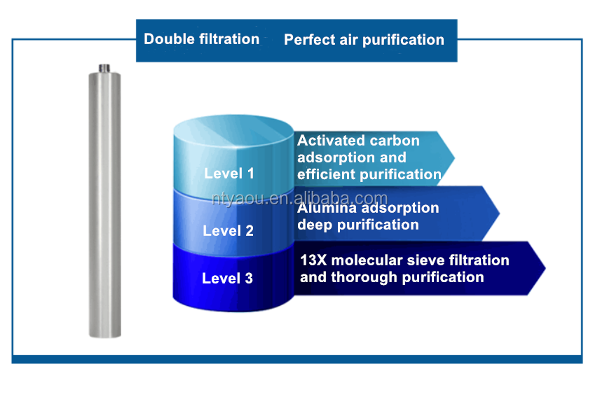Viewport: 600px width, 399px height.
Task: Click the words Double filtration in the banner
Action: tap(202, 39)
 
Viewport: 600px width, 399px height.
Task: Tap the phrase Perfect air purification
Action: tap(364, 40)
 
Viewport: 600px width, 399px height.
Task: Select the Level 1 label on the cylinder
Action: tap(229, 174)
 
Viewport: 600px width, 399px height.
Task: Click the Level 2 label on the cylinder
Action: tap(228, 231)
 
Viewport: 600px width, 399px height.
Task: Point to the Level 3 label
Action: tap(227, 278)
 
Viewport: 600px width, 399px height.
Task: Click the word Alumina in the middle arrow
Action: tap(327, 208)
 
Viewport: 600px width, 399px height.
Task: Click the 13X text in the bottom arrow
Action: tap(313, 260)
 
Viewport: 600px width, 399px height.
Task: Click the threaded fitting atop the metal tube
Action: tap(104, 69)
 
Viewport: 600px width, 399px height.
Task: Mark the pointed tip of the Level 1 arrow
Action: tap(454, 157)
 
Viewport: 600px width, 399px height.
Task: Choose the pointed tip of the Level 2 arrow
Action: tap(499, 213)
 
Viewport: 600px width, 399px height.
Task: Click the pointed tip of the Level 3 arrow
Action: tap(545, 268)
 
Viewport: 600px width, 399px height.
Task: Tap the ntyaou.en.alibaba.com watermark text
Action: tap(299, 199)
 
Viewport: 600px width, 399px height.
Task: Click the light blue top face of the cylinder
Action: tap(234, 131)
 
